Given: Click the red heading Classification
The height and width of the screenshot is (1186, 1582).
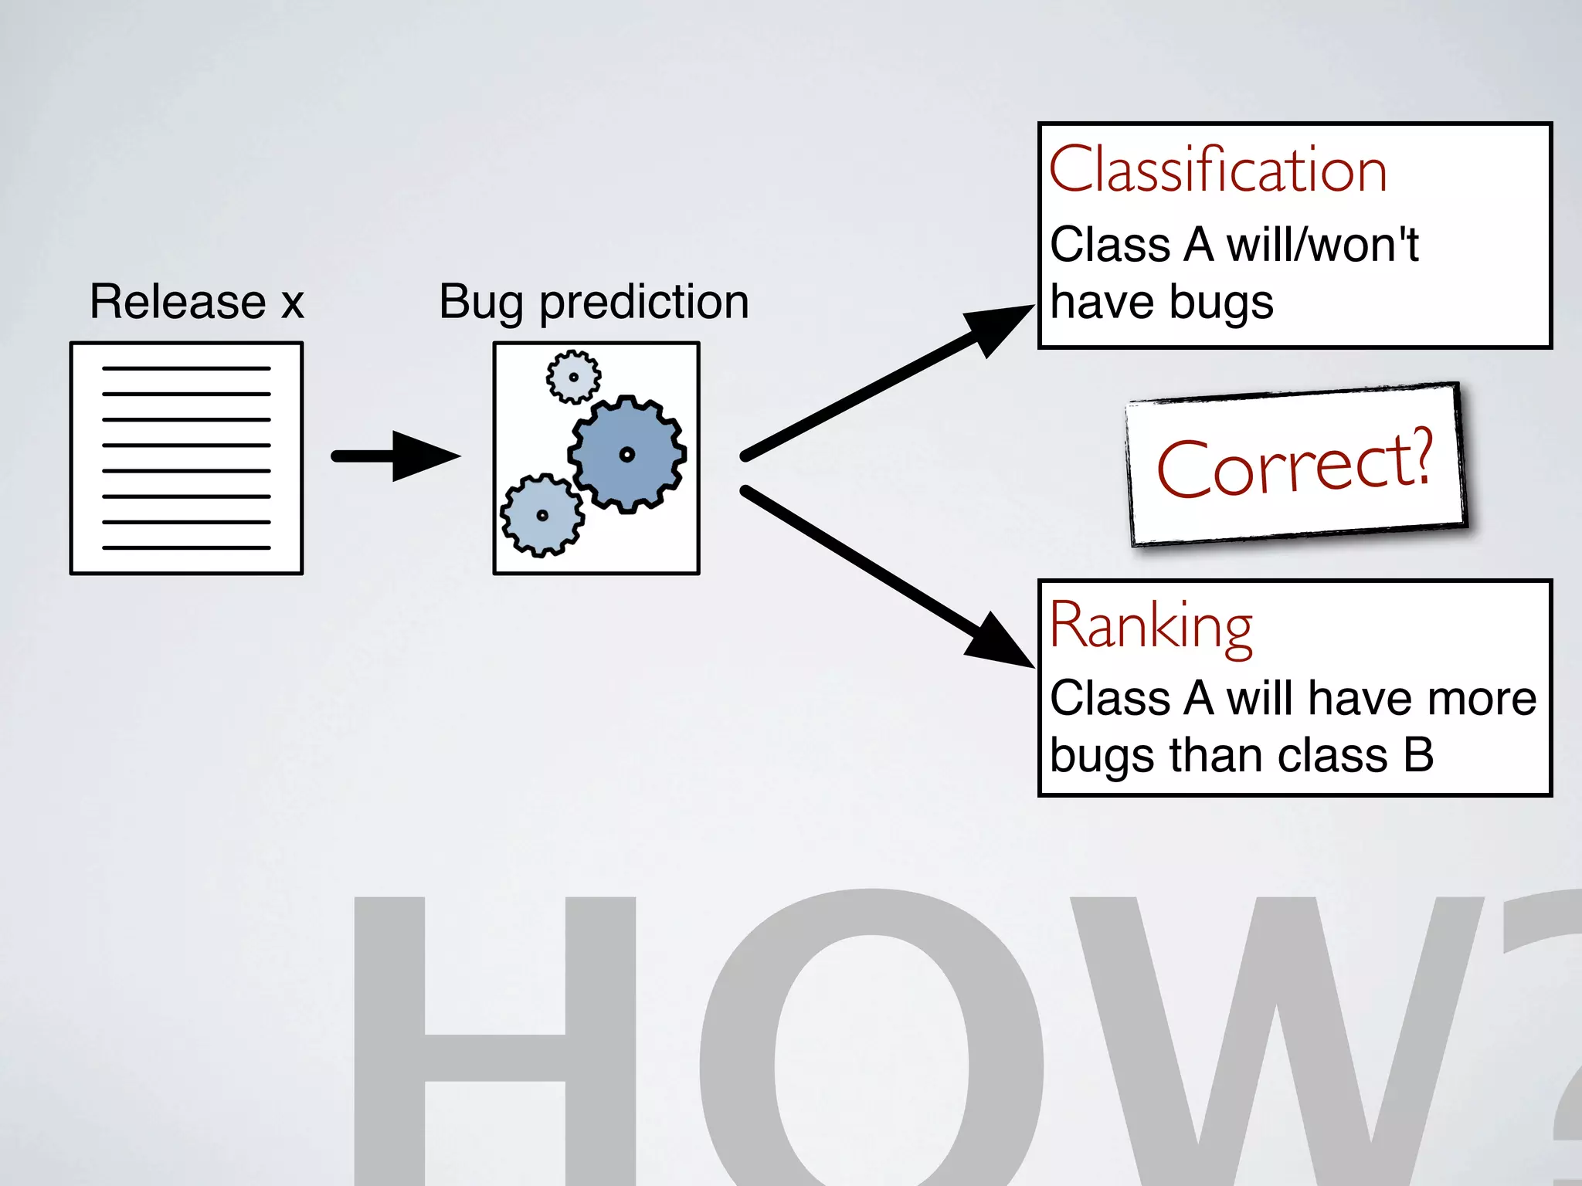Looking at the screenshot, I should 1217,170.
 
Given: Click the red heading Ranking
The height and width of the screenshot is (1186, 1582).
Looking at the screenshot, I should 1150,627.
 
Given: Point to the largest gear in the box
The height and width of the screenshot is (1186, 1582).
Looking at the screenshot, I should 627,454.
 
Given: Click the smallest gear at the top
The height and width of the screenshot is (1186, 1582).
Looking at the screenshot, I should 573,377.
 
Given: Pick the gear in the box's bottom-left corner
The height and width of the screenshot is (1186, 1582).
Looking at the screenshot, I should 541,515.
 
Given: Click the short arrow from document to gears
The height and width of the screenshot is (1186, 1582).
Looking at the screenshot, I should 394,456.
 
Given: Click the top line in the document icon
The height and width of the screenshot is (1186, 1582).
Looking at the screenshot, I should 186,368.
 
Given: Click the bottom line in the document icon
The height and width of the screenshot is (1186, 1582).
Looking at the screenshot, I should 186,547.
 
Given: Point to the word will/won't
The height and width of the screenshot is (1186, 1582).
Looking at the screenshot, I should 1322,246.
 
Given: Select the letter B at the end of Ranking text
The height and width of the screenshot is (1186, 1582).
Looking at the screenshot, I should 1418,754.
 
